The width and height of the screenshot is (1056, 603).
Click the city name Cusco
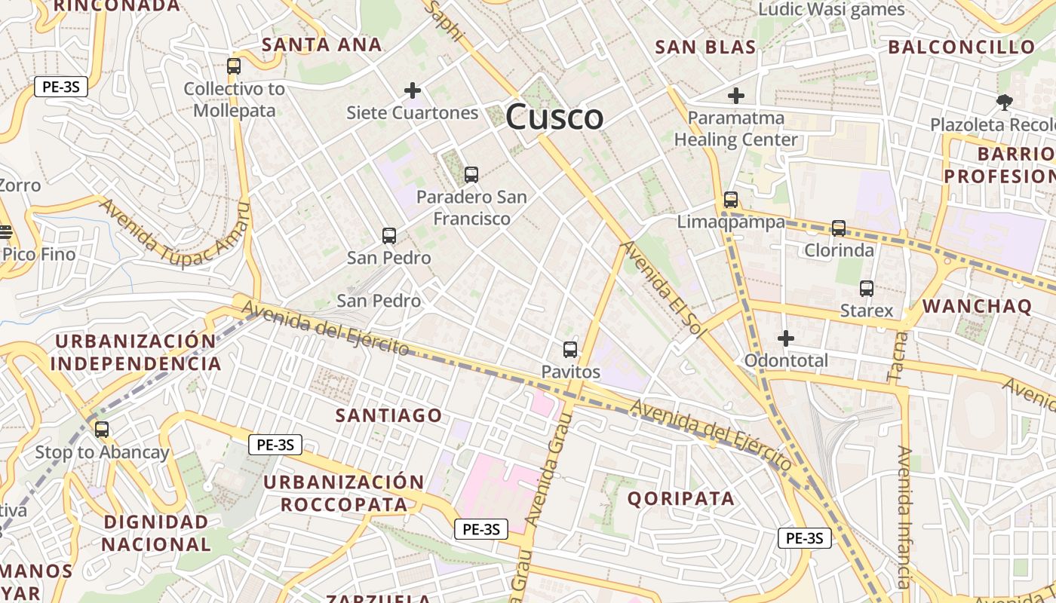(x=554, y=118)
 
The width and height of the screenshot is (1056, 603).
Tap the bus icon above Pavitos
(x=570, y=350)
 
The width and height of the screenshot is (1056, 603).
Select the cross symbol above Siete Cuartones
(x=413, y=90)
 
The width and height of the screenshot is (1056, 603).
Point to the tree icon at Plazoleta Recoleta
(x=1004, y=102)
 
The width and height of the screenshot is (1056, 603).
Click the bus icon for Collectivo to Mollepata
(x=234, y=66)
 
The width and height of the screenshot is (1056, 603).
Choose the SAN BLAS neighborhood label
(x=705, y=47)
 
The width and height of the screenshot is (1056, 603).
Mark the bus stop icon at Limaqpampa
(x=731, y=200)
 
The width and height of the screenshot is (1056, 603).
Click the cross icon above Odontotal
(x=786, y=338)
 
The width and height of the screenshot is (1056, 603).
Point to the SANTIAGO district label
(x=388, y=415)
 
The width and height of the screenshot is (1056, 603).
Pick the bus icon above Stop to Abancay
(x=102, y=430)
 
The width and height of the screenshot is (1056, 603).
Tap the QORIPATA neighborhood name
(x=680, y=498)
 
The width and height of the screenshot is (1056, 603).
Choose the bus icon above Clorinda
(x=839, y=228)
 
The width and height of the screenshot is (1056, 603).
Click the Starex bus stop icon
(x=867, y=289)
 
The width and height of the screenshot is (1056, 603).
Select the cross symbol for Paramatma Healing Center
(x=736, y=96)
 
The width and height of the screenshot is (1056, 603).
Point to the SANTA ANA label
(x=322, y=44)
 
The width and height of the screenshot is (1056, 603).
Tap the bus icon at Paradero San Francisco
(x=471, y=175)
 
